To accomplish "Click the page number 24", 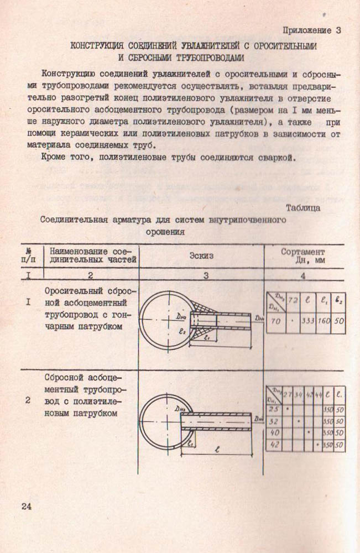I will [x=28, y=506].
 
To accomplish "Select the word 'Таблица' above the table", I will [x=303, y=208].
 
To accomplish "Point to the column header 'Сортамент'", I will [x=303, y=252].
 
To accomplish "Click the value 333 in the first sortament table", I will [x=307, y=321].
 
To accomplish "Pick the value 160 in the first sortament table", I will [x=324, y=321].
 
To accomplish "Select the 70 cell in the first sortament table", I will [x=276, y=321].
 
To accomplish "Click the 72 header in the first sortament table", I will [x=293, y=301].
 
